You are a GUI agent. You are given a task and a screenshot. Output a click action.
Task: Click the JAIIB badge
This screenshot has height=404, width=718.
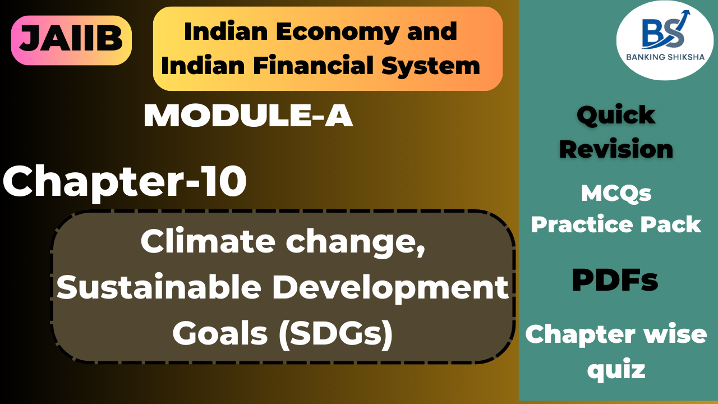click(71, 40)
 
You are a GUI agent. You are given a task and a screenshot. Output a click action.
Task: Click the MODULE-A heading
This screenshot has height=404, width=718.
click(248, 117)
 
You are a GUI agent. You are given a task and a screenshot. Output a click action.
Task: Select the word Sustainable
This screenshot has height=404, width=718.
click(159, 287)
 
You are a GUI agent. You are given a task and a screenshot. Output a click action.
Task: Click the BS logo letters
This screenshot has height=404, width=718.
click(656, 35)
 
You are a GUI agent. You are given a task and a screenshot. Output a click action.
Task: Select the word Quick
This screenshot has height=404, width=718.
click(616, 115)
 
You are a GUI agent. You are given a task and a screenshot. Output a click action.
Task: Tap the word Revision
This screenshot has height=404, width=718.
click(616, 149)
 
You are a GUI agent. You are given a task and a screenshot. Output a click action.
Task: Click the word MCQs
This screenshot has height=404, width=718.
click(616, 194)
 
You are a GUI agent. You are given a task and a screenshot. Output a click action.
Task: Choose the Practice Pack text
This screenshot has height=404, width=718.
click(616, 224)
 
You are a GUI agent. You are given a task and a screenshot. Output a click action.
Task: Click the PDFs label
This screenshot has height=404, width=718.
click(615, 281)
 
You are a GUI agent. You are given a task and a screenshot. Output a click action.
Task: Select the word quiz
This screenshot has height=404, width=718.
click(616, 370)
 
